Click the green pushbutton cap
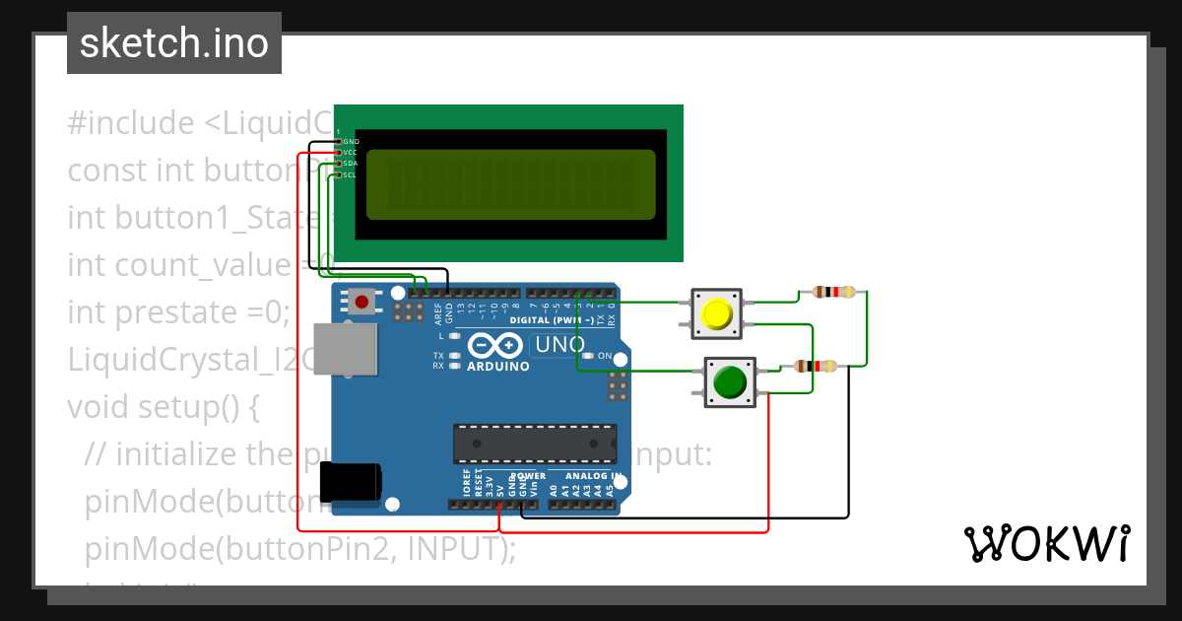729,381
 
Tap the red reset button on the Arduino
362,302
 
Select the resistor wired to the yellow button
833,292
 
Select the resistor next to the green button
815,367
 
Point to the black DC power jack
350,482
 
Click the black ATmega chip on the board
535,444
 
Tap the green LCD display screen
510,184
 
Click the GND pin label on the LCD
351,142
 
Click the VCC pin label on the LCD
351,153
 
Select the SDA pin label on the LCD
351,164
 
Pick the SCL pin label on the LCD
351,175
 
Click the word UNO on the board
558,345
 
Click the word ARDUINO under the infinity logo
498,366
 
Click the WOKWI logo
1046,543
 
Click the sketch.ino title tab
174,43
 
